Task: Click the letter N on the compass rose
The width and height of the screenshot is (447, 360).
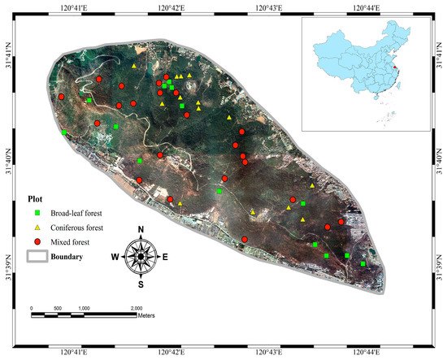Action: (141, 229)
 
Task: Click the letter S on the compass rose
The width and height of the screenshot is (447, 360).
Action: (141, 285)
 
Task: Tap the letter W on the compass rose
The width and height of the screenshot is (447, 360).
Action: (115, 258)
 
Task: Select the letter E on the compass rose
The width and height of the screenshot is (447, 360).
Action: (166, 258)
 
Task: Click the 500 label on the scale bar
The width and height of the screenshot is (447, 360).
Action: (57, 309)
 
